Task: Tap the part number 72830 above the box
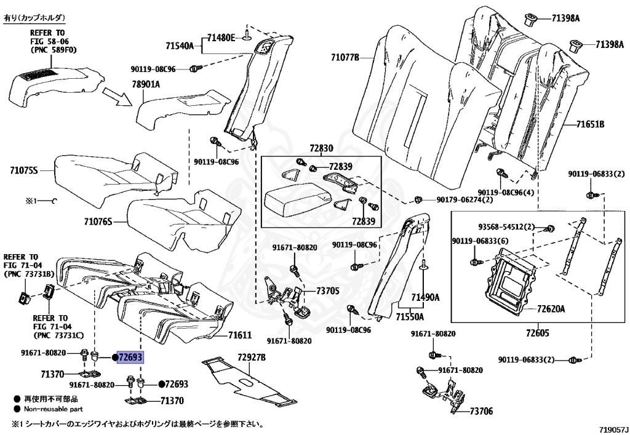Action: (321, 149)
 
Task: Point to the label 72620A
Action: (551, 308)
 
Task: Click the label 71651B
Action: (590, 125)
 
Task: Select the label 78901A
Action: (145, 84)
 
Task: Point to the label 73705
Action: (328, 290)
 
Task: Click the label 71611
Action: (240, 335)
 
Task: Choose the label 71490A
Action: (426, 297)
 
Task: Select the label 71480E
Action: (221, 38)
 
